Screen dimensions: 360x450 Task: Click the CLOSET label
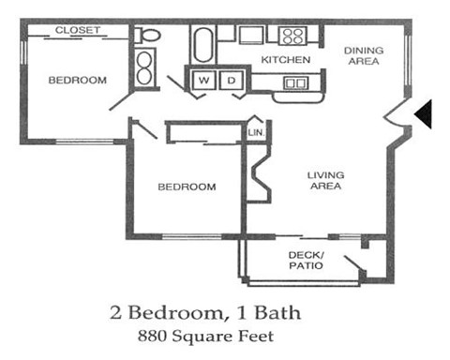pos(77,31)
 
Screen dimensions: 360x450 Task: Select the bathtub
pos(202,44)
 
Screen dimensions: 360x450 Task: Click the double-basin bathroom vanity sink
pos(146,68)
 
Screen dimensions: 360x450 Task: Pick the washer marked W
pos(202,81)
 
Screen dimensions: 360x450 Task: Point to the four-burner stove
pos(292,37)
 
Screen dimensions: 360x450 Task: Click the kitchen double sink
pos(294,83)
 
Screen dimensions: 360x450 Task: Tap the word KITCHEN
pos(285,60)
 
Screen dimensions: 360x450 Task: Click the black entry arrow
pos(423,114)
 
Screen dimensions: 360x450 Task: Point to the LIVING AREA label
pos(325,180)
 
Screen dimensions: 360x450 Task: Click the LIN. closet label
pos(255,133)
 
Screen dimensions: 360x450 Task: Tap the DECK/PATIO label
pos(306,261)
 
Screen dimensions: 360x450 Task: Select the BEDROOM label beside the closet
pos(77,81)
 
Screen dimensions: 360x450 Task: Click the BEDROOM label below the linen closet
pos(187,187)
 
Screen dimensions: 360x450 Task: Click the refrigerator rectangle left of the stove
pos(250,35)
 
